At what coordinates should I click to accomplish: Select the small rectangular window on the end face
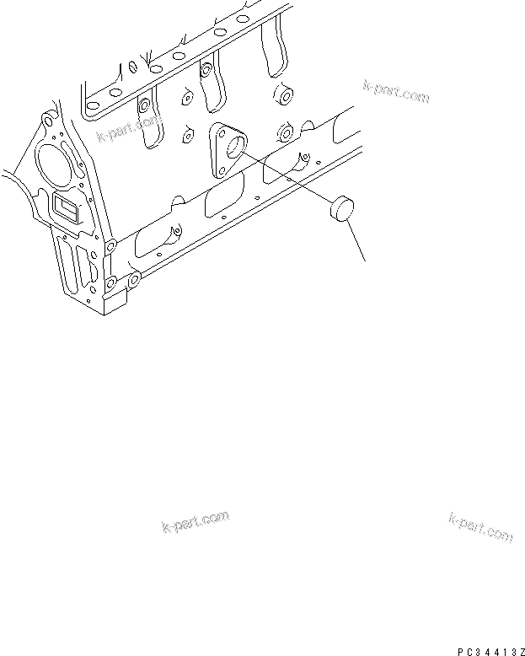(65, 205)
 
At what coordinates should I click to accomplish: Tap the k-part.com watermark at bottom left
(195, 522)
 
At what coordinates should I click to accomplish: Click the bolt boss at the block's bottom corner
(133, 278)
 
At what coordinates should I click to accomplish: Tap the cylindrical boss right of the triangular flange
(285, 132)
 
